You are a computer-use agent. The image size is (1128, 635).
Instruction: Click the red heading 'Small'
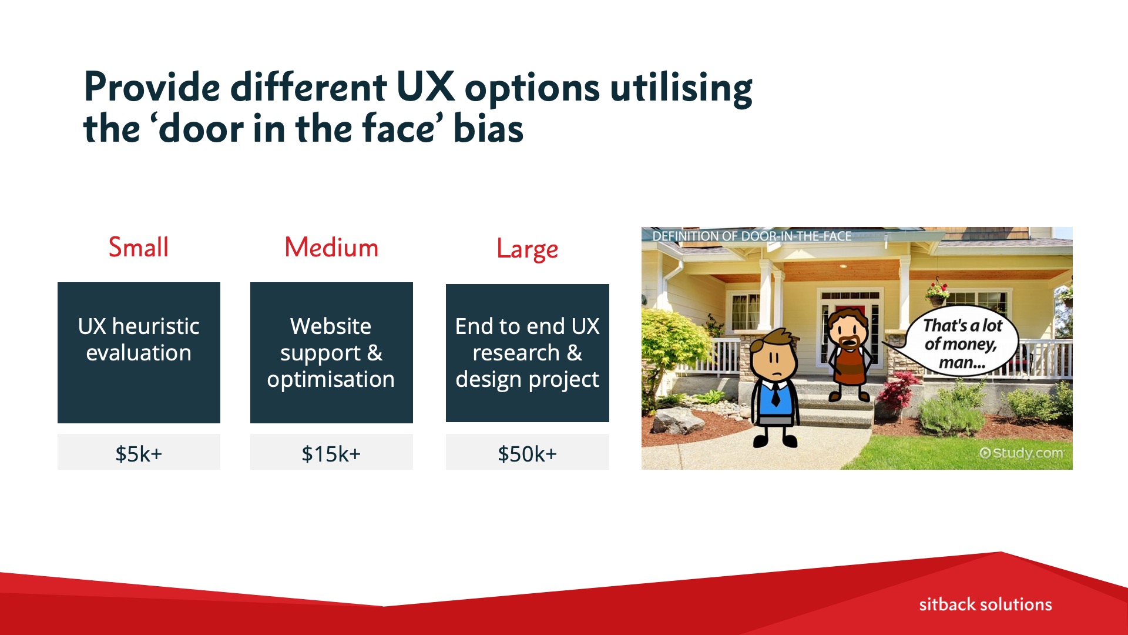point(139,247)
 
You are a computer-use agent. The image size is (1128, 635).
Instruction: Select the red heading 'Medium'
point(331,247)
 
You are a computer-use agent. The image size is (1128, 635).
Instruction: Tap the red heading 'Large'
point(527,249)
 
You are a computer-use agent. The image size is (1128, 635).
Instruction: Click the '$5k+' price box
point(139,452)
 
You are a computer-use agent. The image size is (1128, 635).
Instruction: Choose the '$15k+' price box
point(331,452)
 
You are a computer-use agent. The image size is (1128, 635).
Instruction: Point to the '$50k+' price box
point(527,452)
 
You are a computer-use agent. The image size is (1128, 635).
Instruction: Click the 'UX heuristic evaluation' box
point(139,353)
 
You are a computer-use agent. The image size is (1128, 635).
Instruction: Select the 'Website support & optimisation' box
point(331,353)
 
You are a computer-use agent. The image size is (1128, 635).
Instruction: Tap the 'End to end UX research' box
point(527,353)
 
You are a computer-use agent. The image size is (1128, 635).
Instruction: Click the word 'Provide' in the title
point(152,87)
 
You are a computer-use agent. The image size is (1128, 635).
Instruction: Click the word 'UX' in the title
point(425,87)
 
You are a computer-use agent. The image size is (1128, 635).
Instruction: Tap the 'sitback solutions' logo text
point(985,604)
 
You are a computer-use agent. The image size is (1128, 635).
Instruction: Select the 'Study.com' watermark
point(1021,453)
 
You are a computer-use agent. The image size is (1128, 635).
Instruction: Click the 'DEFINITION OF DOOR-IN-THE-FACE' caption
point(751,236)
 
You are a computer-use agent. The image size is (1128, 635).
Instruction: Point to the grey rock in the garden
point(680,420)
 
